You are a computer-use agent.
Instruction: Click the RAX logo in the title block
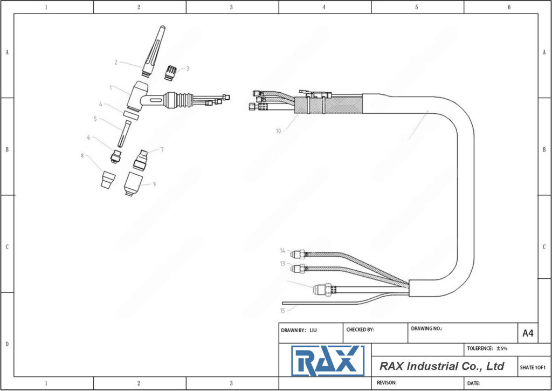(328, 361)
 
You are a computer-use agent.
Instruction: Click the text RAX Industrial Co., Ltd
(441, 366)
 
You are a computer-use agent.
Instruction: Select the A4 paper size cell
(528, 334)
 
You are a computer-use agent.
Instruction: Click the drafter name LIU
(313, 330)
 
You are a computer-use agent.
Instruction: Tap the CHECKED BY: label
(360, 330)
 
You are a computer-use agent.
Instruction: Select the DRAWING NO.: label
(426, 328)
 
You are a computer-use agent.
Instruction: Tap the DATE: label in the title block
(473, 383)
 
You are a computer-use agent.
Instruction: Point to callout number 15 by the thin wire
(282, 310)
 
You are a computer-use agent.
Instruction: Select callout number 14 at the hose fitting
(282, 251)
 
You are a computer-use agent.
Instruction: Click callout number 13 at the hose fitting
(282, 264)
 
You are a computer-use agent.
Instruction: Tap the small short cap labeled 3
(171, 72)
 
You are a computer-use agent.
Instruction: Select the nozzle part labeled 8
(108, 179)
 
